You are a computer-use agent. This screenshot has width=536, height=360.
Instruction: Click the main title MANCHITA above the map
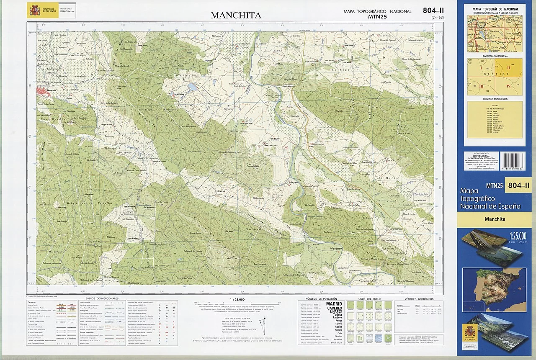(x=236, y=15)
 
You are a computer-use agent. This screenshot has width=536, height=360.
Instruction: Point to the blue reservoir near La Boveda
(x=191, y=87)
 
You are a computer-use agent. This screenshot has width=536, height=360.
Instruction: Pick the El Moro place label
(x=384, y=179)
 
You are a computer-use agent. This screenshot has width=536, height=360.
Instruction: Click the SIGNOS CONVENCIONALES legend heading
(x=102, y=298)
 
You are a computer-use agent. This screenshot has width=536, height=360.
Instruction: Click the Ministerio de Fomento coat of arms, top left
(x=33, y=10)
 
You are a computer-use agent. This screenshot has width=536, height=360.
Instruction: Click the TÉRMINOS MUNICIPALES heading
(x=495, y=99)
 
